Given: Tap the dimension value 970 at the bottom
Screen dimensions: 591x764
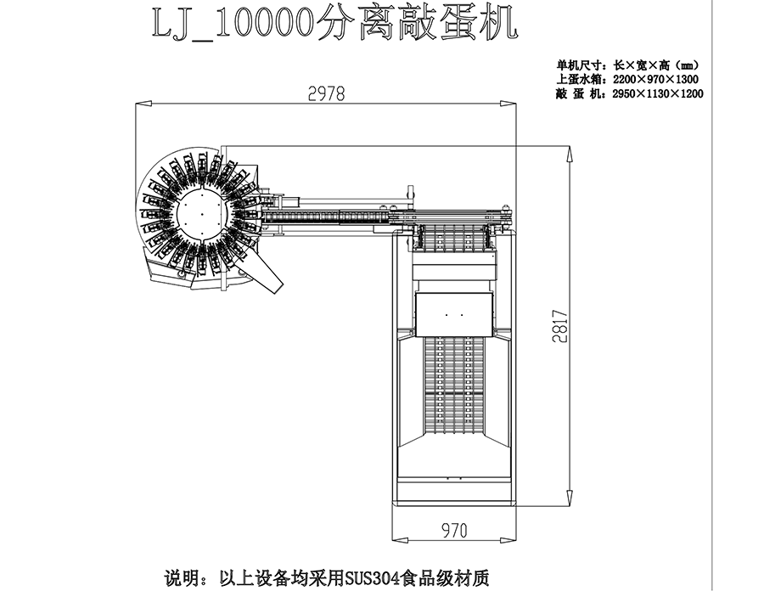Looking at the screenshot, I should [454, 532].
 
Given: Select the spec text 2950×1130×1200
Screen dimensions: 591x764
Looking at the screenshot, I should [658, 93].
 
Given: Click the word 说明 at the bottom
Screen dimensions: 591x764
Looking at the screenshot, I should [178, 578].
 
